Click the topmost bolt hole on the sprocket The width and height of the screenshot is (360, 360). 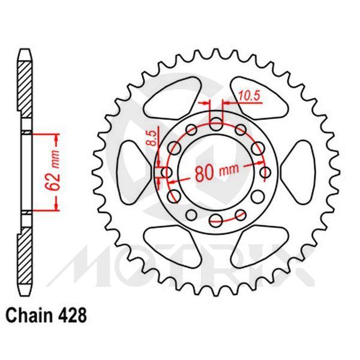tap(217, 124)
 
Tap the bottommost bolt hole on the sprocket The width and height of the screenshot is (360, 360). tap(217, 220)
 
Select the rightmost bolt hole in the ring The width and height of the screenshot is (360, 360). tap(265, 173)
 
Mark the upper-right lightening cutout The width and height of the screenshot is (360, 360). tap(258, 96)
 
